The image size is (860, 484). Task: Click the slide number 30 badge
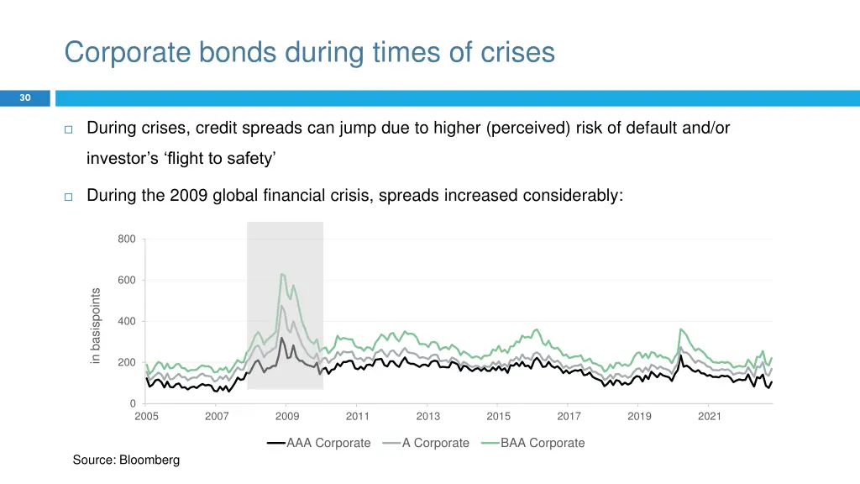(x=25, y=98)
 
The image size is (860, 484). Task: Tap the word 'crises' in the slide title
(x=516, y=52)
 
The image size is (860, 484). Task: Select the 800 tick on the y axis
(x=127, y=239)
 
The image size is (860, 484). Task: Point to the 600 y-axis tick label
(x=127, y=281)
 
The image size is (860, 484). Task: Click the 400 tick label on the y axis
(x=127, y=322)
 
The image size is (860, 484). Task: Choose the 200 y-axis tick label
(x=127, y=363)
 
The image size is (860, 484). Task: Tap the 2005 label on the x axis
(x=146, y=416)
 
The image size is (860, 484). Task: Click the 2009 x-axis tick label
(x=287, y=416)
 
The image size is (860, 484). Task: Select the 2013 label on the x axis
(x=427, y=416)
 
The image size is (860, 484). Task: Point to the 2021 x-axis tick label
(x=710, y=416)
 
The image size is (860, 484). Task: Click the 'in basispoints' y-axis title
(x=96, y=326)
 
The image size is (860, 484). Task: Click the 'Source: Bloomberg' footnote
(x=126, y=460)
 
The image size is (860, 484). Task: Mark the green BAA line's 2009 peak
(x=282, y=274)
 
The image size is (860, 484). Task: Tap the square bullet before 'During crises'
(x=69, y=129)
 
